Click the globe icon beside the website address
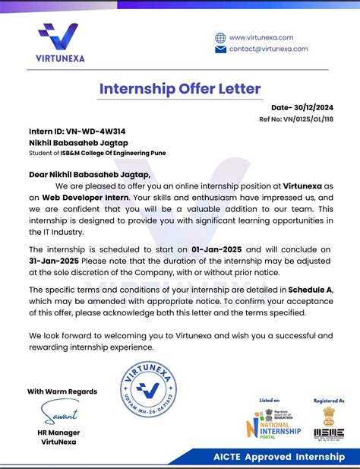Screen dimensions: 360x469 point(220,37)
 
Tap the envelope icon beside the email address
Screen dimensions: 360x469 point(220,49)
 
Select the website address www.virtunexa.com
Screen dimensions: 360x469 point(261,37)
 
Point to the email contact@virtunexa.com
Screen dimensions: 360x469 point(268,49)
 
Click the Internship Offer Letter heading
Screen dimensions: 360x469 point(180,88)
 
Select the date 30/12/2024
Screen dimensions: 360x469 point(313,108)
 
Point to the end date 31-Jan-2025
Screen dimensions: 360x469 point(54,260)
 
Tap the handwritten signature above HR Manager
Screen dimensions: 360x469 point(58,415)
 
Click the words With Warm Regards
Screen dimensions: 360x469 point(62,391)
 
